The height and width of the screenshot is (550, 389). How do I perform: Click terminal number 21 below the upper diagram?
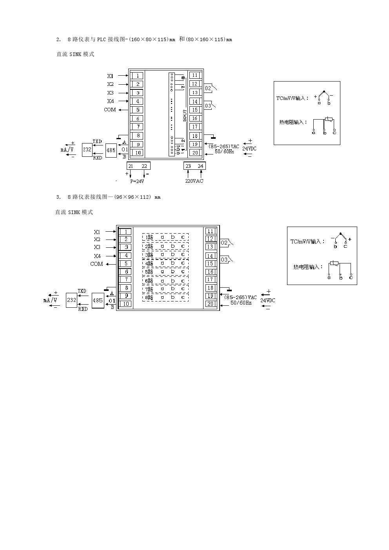tap(131, 166)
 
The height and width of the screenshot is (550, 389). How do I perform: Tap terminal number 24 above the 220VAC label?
tap(200, 166)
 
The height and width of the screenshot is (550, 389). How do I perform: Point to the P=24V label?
tap(137, 182)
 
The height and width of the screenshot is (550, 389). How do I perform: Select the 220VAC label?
tap(194, 181)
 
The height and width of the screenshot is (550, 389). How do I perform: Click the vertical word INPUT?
tap(185, 115)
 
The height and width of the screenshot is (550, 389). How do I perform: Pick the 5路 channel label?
tap(149, 272)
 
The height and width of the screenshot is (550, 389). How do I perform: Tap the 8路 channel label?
tap(149, 298)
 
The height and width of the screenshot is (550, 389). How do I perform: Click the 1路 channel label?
tap(149, 237)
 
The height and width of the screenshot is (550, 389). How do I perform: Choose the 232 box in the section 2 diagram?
tap(87, 149)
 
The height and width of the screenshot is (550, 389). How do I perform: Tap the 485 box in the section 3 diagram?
tap(98, 300)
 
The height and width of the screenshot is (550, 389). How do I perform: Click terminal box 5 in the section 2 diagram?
tap(137, 110)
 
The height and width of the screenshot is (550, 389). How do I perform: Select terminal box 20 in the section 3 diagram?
tap(211, 304)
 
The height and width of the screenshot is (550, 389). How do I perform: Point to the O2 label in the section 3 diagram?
tap(224, 243)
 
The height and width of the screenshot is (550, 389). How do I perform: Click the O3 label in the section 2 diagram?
tap(208, 106)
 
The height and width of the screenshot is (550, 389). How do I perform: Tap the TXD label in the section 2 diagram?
tap(97, 141)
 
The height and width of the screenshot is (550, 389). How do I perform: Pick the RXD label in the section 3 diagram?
tap(83, 309)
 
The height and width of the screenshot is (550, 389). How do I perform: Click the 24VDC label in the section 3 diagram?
tap(268, 300)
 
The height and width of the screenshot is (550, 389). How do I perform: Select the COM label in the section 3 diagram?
tap(96, 264)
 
